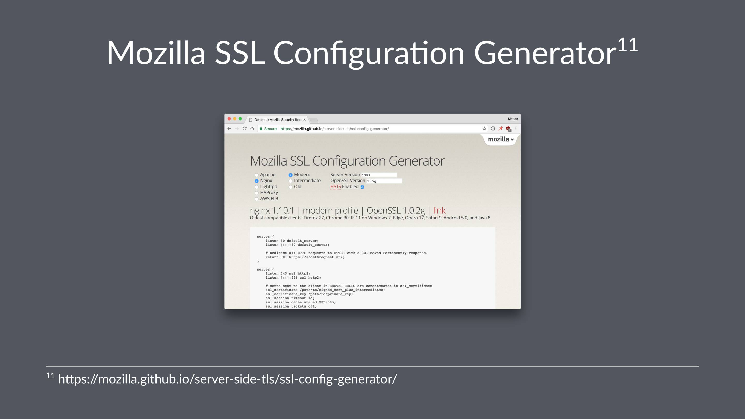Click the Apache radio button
257,175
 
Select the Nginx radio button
257,181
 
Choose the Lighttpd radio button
257,187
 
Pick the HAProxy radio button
257,193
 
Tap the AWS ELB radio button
257,199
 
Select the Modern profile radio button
290,175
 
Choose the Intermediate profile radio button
290,181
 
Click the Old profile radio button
290,187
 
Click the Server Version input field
379,175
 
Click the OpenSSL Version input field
384,181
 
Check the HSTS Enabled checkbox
362,187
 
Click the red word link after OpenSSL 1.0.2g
439,211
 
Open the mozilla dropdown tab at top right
501,139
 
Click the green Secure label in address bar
270,129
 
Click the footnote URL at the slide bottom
227,379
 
